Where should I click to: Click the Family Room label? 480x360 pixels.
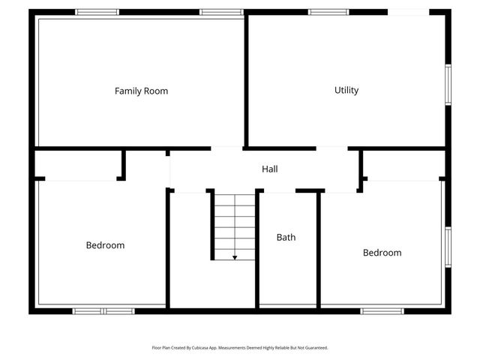coord(141,91)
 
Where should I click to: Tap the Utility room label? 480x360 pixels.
coord(346,90)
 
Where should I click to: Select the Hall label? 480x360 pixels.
coord(270,169)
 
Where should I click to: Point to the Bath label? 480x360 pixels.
coord(286,237)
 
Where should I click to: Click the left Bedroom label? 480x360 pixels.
coord(105,245)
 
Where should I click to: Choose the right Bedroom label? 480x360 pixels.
coord(382,253)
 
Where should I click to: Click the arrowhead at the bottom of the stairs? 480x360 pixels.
coord(235,257)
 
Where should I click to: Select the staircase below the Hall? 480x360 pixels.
coord(235,225)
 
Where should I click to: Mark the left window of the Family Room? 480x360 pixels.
coord(97,12)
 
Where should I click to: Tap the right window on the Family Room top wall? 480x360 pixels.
coord(220,12)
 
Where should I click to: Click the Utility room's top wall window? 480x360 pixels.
coord(328,12)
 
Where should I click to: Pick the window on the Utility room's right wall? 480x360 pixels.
coord(448,85)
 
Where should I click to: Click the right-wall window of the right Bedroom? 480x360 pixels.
coord(448,247)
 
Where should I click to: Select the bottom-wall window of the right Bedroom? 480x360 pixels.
coord(382,310)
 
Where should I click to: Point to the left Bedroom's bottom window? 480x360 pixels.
coord(103,310)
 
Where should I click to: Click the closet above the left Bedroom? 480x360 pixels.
coord(79,164)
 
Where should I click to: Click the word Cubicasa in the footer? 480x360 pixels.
coord(193,348)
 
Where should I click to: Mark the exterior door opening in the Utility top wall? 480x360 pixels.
coord(407,12)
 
